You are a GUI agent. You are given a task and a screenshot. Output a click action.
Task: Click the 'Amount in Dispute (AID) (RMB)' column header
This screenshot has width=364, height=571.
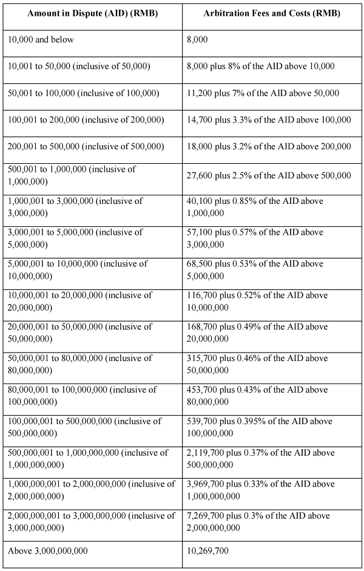pyautogui.click(x=92, y=13)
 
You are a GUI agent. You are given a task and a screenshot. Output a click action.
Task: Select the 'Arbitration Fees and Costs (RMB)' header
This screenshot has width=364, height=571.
pyautogui.click(x=272, y=13)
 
